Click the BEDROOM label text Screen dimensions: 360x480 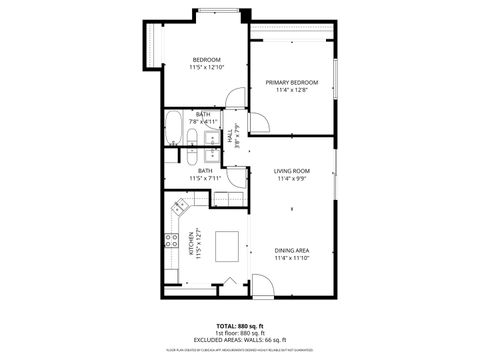(206, 60)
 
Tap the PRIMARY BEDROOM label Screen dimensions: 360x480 (291, 82)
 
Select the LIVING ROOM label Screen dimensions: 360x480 (291, 171)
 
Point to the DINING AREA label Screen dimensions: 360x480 (291, 250)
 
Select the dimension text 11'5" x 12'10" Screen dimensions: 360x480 (206, 69)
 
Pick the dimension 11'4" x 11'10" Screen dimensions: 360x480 (291, 259)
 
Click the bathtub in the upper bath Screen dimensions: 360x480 (173, 128)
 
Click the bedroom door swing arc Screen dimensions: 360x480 (232, 99)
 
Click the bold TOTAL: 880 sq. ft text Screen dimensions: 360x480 (240, 326)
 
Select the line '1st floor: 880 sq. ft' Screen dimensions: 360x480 (240, 333)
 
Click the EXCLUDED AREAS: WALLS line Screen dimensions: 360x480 (240, 340)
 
